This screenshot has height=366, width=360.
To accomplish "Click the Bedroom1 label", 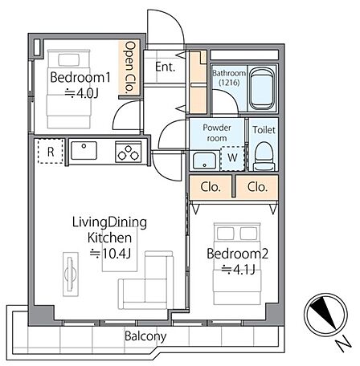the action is pos(80,77).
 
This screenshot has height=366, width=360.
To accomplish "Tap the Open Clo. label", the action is pos(129,67).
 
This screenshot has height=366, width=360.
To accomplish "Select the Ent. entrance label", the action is pos(165,67).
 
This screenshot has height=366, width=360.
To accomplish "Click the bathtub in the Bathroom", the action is pos(262,88).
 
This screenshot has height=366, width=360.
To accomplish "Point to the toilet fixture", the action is pos(264,157).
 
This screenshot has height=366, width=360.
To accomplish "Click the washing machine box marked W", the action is pos(232,158).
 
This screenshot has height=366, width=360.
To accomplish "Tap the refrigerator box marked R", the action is pos(51,152).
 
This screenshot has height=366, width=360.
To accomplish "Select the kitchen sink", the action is pos(84,150).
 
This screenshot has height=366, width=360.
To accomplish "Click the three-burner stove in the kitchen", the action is pos(129,152).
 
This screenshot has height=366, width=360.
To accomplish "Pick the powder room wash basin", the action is pos(204,161).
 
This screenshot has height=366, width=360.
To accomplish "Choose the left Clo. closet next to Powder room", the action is pos(211,187).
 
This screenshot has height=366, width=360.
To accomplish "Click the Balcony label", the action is pos(145,336).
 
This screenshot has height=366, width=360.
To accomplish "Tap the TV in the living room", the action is pos(71,274).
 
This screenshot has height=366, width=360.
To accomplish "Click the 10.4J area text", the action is pos(110,253).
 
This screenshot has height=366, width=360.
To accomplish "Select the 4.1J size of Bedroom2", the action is pos(238,270).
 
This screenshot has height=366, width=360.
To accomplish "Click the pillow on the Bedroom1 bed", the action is pos(68,59).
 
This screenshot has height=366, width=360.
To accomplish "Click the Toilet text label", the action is pos(264,130).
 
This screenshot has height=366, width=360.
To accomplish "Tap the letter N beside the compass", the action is pos(344,343).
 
